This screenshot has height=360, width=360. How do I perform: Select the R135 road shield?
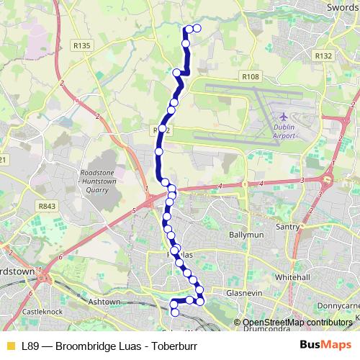[83, 45]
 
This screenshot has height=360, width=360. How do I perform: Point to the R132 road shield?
[323, 55]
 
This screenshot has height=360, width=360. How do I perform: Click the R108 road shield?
[251, 77]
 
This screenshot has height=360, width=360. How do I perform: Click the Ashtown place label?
[104, 302]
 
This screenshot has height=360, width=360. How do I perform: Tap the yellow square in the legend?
[10, 346]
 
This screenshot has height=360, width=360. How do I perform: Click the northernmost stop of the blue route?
[196, 29]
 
